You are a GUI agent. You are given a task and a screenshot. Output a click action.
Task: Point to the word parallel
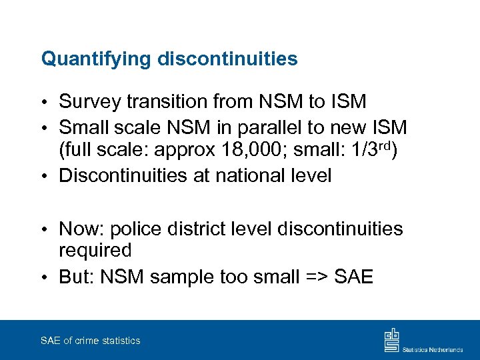click(275, 127)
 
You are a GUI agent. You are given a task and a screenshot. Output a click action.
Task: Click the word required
click(95, 251)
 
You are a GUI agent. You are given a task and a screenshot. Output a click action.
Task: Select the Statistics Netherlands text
click(432, 348)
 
